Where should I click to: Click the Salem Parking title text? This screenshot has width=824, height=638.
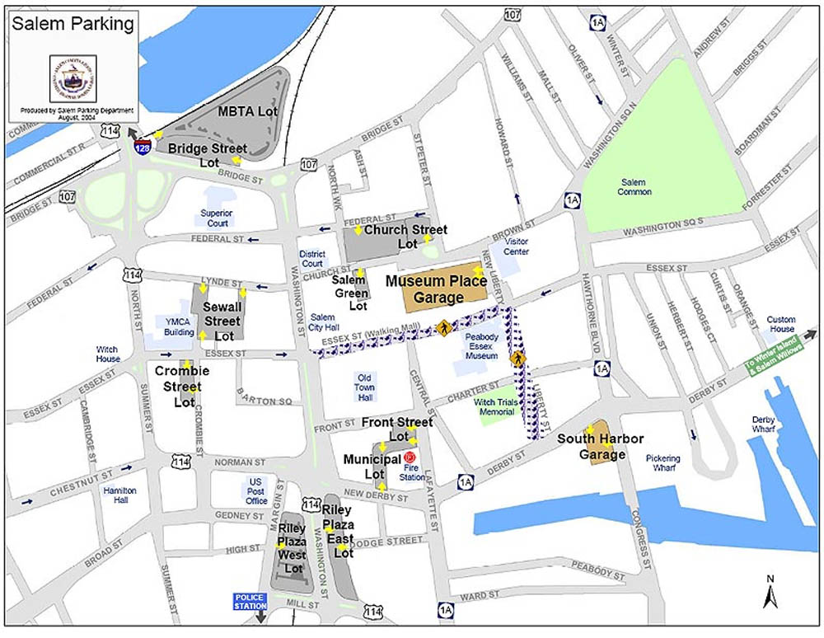(73, 24)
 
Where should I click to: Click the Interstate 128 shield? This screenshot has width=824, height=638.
(142, 147)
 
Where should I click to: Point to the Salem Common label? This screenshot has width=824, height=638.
(635, 186)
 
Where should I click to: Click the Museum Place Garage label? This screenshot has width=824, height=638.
(438, 289)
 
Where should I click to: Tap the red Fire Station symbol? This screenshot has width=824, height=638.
(410, 457)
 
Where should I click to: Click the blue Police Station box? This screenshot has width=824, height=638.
(251, 601)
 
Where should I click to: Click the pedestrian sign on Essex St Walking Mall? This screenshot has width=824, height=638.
(443, 327)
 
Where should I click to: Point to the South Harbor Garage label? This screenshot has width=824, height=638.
(600, 446)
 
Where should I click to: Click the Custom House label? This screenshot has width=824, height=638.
(781, 324)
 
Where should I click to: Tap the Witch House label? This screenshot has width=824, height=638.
(108, 354)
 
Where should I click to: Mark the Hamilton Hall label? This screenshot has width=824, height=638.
(120, 495)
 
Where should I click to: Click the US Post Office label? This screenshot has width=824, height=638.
(256, 490)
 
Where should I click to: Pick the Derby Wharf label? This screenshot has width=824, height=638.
(763, 424)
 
